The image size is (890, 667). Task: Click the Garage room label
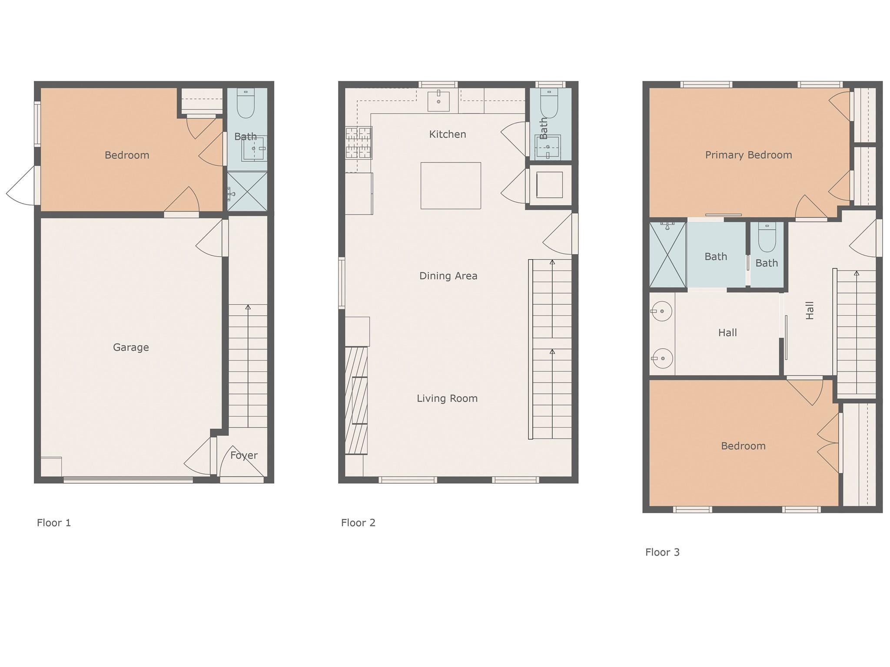point(131,347)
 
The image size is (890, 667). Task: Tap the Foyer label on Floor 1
point(244,456)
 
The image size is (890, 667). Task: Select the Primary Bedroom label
point(748,155)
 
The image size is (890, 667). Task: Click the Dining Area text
point(448,276)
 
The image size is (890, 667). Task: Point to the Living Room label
point(447,398)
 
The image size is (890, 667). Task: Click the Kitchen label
point(448,134)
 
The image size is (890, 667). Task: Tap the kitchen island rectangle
point(451,185)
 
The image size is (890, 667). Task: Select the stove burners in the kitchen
point(359,143)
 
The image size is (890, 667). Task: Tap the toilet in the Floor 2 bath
point(549,104)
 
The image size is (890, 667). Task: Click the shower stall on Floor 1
point(247,192)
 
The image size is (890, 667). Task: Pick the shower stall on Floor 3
point(668,254)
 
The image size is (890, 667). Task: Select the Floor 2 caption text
point(358,523)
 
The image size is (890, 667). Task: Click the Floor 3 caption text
point(662,552)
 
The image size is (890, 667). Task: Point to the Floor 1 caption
point(54,523)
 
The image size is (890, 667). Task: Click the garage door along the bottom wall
point(128,480)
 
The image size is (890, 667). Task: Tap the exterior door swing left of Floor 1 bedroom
point(21,185)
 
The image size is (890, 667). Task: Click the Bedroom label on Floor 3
point(743,446)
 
